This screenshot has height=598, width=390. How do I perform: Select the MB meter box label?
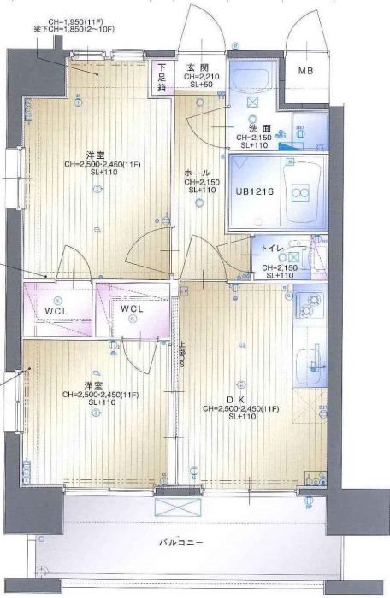pyautogui.click(x=305, y=70)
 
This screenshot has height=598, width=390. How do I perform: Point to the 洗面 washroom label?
pyautogui.click(x=248, y=128)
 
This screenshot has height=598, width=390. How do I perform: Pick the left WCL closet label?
pyautogui.click(x=56, y=311)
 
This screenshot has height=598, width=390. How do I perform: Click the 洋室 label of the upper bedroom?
pyautogui.click(x=94, y=155)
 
